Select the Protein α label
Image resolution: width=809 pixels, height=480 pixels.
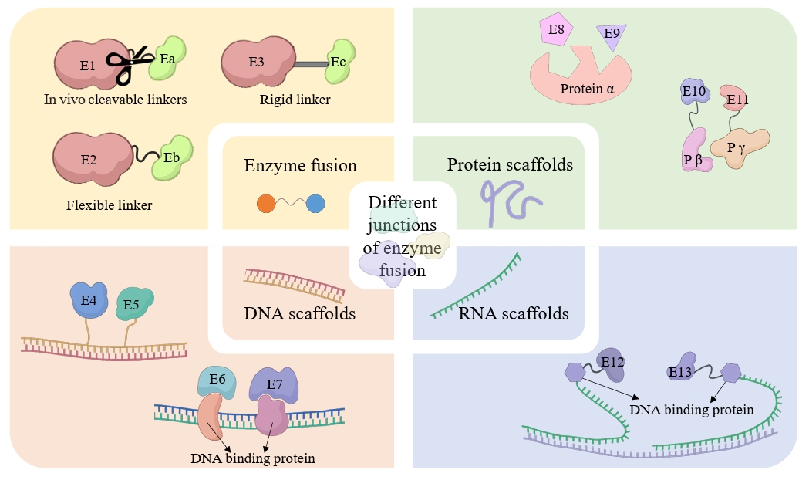click(x=587, y=88)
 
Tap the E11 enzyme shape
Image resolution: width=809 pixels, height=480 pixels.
click(x=737, y=99)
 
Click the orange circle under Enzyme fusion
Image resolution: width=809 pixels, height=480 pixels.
click(x=266, y=204)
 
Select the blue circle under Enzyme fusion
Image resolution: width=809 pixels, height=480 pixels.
click(x=315, y=204)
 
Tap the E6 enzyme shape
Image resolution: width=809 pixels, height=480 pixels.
click(x=217, y=380)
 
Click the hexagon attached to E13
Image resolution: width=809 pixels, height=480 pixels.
click(x=730, y=373)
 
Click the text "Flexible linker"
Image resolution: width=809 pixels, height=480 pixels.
click(x=109, y=205)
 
